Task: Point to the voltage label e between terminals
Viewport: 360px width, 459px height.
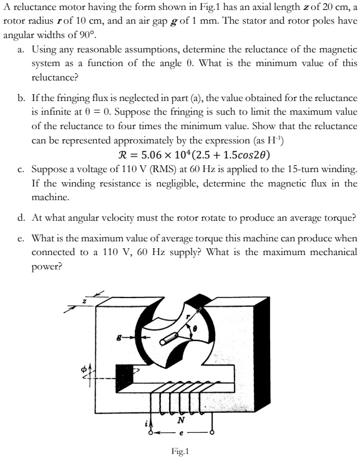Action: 180,432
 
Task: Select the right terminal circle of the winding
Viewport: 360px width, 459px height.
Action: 213,432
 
